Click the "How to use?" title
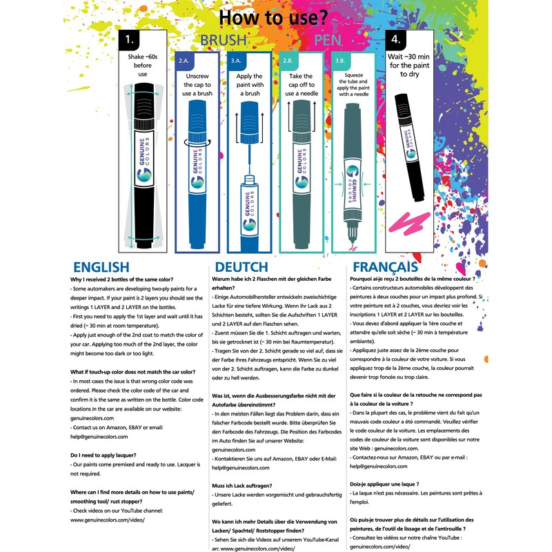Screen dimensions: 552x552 point(275,15)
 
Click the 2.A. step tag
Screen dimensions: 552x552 point(185,61)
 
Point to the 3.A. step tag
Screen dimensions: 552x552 point(236,61)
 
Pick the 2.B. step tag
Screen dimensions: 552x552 point(288,61)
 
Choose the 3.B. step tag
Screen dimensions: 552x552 point(340,61)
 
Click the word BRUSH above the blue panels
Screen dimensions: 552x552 point(223,41)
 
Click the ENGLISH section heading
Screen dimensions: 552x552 point(101,267)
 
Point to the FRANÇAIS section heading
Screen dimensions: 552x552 point(385,266)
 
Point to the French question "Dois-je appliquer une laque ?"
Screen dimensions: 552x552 point(395,484)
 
